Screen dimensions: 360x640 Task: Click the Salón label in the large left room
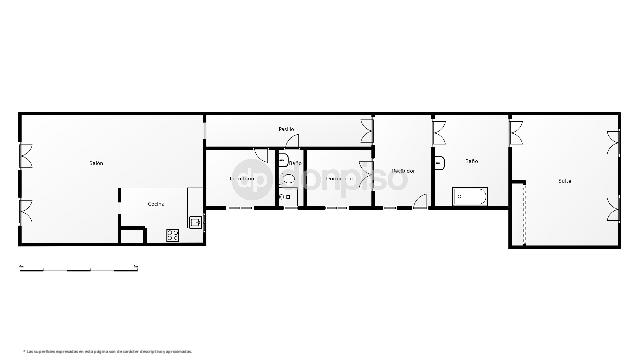point(97,163)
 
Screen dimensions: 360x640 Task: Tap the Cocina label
point(156,204)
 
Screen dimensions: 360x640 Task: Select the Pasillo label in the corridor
point(286,129)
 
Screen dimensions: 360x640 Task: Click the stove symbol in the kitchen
point(172,236)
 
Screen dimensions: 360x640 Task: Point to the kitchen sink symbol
point(195,221)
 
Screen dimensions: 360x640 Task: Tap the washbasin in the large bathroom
point(439,160)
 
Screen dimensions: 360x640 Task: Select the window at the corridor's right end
point(366,127)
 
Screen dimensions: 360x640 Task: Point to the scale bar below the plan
point(78,267)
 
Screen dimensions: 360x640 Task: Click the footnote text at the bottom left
point(107,351)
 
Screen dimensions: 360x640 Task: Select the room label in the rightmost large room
point(565,181)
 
